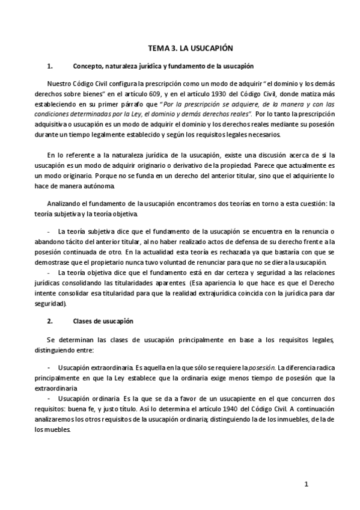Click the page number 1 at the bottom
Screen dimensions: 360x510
pyautogui.click(x=306, y=484)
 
